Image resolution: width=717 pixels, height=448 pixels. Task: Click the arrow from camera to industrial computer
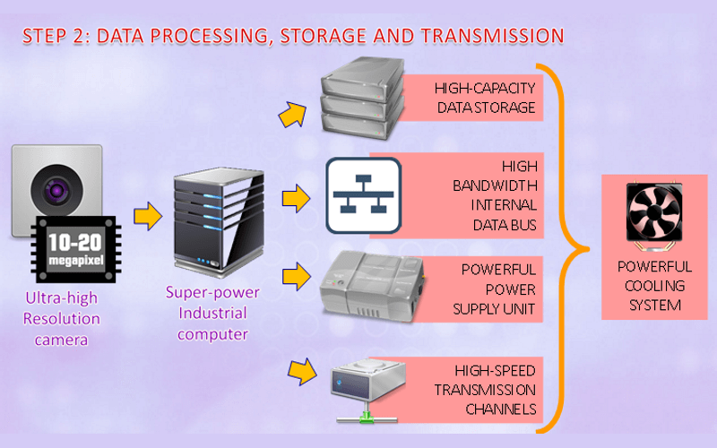pyautogui.click(x=146, y=215)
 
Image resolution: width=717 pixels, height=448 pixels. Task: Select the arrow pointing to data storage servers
pyautogui.click(x=291, y=113)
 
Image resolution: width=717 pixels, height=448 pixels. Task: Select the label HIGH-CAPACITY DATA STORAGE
pyautogui.click(x=485, y=99)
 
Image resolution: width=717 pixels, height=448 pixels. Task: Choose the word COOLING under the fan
pyautogui.click(x=654, y=286)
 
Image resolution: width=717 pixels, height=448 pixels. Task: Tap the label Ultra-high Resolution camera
pyautogui.click(x=62, y=318)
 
